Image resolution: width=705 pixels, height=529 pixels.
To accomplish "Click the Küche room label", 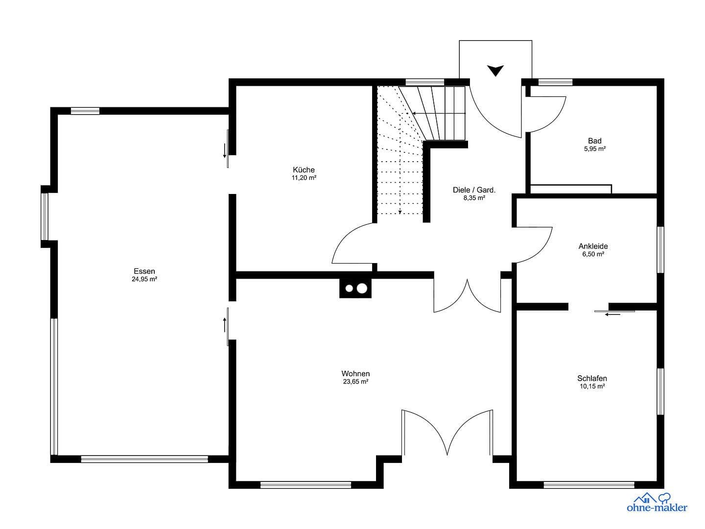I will pyautogui.click(x=304, y=170).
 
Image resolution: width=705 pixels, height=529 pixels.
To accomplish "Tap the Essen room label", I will pyautogui.click(x=144, y=271).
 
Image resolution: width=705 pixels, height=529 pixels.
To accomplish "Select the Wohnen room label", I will pyautogui.click(x=355, y=374).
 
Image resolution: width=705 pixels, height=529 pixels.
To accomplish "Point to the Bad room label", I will pyautogui.click(x=594, y=141).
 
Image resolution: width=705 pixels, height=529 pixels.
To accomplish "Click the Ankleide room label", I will pyautogui.click(x=593, y=246).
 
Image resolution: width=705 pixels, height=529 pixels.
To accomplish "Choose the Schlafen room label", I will pyautogui.click(x=592, y=378).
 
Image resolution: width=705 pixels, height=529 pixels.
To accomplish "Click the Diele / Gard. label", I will pyautogui.click(x=474, y=190).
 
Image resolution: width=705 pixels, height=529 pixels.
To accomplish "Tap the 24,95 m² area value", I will pyautogui.click(x=144, y=279).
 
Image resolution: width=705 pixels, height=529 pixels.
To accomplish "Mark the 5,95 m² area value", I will pyautogui.click(x=594, y=149).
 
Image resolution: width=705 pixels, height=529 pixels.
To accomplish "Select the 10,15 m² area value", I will pyautogui.click(x=592, y=386).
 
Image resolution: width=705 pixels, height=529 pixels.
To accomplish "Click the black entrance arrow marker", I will pyautogui.click(x=495, y=71).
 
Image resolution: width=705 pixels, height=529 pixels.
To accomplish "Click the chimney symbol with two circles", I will pyautogui.click(x=355, y=289).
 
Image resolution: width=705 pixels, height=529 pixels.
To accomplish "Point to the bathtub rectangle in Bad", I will pyautogui.click(x=571, y=189).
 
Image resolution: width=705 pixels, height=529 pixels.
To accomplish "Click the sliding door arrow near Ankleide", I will pyautogui.click(x=612, y=314).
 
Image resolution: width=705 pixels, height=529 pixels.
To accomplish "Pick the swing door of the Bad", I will pyautogui.click(x=546, y=113).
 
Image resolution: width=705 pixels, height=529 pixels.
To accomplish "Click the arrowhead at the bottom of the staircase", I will pyautogui.click(x=400, y=212).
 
